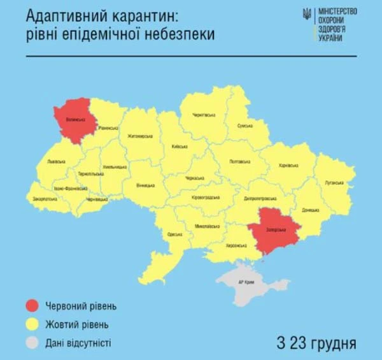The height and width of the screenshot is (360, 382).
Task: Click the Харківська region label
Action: click(289, 165)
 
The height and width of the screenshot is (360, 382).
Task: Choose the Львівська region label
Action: click(55, 162)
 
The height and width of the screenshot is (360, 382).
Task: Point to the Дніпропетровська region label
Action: click(259, 198)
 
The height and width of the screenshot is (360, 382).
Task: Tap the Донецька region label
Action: click(311, 209)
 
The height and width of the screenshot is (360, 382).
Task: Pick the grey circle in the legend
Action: click(32, 343)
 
